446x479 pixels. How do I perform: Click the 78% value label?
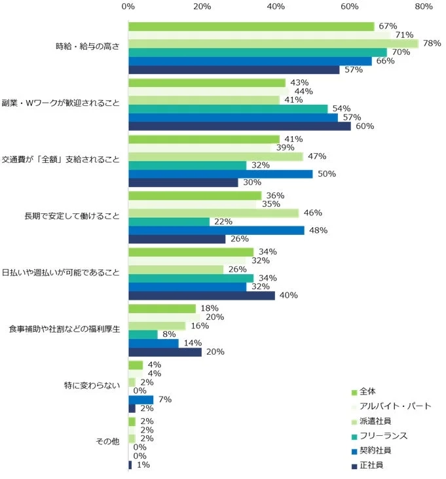[x=432, y=44]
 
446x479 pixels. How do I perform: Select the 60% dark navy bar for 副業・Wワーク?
[x=240, y=126]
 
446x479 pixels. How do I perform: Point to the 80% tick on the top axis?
[x=424, y=7]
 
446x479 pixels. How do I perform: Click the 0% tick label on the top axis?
[x=128, y=7]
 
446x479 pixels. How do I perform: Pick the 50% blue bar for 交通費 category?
[x=221, y=174]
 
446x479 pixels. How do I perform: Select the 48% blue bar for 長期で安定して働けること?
[x=217, y=230]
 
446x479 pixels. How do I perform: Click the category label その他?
[x=107, y=442]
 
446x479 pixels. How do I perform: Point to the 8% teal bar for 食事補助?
[x=143, y=334]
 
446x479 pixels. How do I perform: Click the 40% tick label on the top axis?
[x=276, y=7]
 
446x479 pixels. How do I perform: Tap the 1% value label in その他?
[x=142, y=465]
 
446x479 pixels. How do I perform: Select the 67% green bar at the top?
[x=251, y=27]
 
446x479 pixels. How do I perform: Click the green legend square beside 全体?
[x=354, y=392]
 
